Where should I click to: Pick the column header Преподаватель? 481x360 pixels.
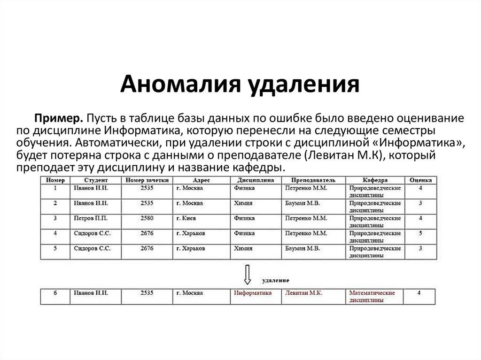click(313, 180)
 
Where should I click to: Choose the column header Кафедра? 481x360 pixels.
click(375, 180)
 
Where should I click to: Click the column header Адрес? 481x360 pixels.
click(202, 180)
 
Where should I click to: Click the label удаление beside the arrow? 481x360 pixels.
click(275, 280)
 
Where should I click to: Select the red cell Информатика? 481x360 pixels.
click(253, 293)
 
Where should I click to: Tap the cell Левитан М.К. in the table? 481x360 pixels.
click(303, 293)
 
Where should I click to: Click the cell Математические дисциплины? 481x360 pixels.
click(372, 296)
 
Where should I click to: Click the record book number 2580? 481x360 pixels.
click(147, 218)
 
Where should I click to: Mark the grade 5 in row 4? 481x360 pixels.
click(420, 233)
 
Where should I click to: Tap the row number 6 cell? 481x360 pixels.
click(55, 293)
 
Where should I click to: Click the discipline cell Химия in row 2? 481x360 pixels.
click(243, 203)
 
